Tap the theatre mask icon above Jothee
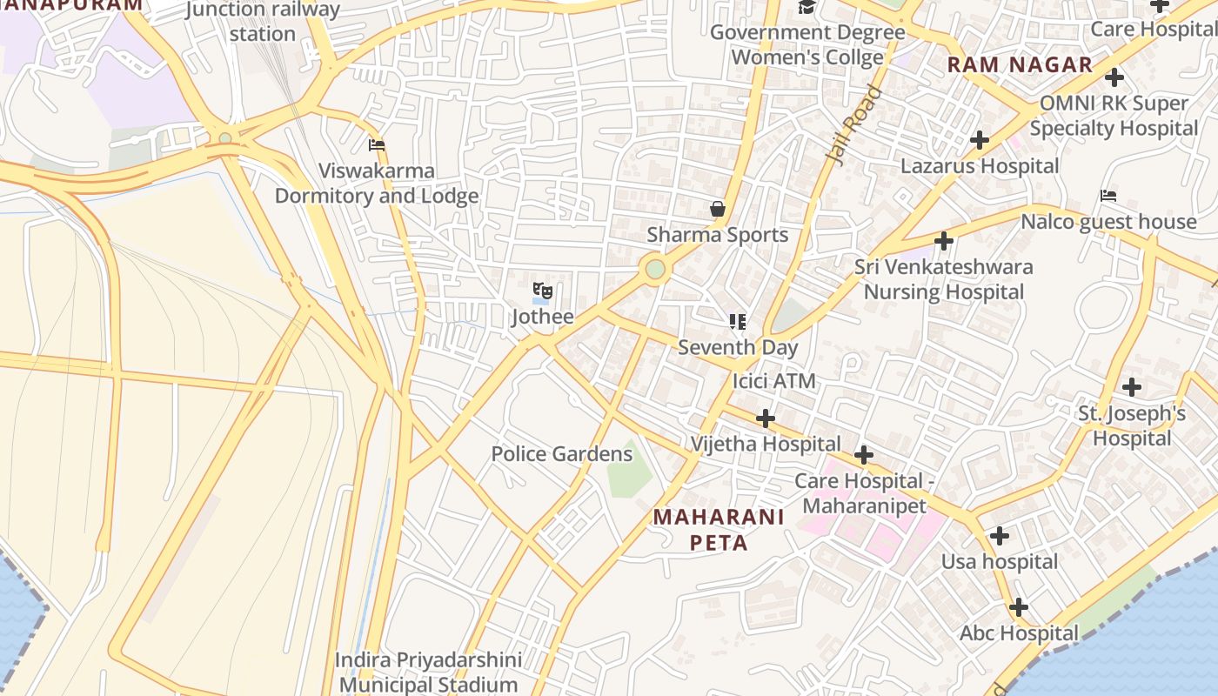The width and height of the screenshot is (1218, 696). [542, 291]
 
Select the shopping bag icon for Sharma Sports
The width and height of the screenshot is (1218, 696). [718, 209]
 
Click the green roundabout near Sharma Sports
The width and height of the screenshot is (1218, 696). [655, 269]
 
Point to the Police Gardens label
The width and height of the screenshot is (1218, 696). [561, 454]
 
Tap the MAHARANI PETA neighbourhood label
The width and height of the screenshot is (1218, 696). [719, 530]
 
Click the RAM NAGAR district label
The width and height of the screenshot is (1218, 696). [1020, 64]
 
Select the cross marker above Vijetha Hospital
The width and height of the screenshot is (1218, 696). [765, 419]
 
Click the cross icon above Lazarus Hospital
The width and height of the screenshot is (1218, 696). [980, 139]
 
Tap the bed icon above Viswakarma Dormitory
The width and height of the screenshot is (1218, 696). [377, 145]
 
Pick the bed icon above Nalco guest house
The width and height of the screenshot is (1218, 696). [1108, 196]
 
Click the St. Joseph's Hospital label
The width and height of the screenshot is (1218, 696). [1132, 425]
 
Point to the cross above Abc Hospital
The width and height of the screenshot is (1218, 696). [1019, 607]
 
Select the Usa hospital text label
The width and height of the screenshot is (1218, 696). [1000, 562]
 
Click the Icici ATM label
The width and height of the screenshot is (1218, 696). [773, 381]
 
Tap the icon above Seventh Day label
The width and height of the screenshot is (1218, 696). [738, 322]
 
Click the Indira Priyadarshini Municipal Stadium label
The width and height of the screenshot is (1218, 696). [430, 673]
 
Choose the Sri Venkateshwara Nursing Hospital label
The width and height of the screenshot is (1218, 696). [943, 279]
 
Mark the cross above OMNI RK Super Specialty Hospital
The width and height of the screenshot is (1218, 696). [1114, 77]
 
